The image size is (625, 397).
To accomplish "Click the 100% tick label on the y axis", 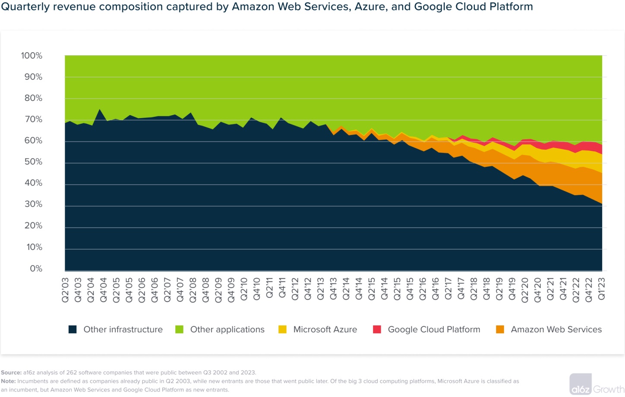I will [x=32, y=56].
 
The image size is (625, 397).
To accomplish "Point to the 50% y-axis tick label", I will [x=33, y=162].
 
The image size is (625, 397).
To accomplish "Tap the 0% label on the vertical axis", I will [x=36, y=269].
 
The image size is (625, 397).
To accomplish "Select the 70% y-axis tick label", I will [x=33, y=119].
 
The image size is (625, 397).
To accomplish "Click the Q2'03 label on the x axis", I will [x=65, y=290].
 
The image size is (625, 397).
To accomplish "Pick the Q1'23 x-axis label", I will [x=601, y=289].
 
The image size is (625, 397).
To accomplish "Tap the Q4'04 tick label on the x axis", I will [x=104, y=290].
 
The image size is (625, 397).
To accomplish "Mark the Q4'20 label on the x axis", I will [x=537, y=290].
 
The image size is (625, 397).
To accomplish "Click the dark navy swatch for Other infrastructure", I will [x=73, y=330].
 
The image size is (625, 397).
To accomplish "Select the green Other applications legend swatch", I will [x=180, y=330].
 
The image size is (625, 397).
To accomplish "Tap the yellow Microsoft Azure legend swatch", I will [x=283, y=330].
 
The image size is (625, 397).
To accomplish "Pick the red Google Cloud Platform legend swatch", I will [x=377, y=330].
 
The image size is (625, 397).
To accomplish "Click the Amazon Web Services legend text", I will [x=556, y=330].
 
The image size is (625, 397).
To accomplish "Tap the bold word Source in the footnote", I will [x=11, y=372].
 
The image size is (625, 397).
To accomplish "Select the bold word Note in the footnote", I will [x=8, y=381].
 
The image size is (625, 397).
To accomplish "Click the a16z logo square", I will [x=580, y=384].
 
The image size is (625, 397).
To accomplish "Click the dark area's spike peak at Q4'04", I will [x=100, y=109].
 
